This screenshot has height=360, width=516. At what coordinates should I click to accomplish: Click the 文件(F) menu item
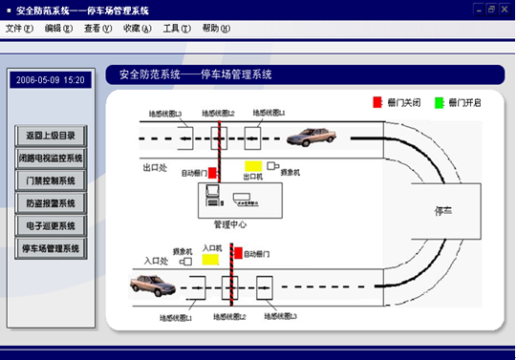20,29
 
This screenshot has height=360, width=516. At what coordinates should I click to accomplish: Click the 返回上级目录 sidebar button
52,135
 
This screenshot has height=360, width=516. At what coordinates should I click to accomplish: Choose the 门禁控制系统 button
52,180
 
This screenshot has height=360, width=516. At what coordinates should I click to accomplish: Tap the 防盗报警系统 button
52,202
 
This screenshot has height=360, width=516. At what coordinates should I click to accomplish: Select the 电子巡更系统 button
52,225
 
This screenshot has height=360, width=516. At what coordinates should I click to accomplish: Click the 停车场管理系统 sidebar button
52,248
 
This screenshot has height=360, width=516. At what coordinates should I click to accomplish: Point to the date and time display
51,80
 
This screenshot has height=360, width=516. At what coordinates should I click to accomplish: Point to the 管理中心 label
230,224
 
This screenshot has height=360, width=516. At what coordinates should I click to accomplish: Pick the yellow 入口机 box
211,259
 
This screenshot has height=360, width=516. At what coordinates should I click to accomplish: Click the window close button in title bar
504,9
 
